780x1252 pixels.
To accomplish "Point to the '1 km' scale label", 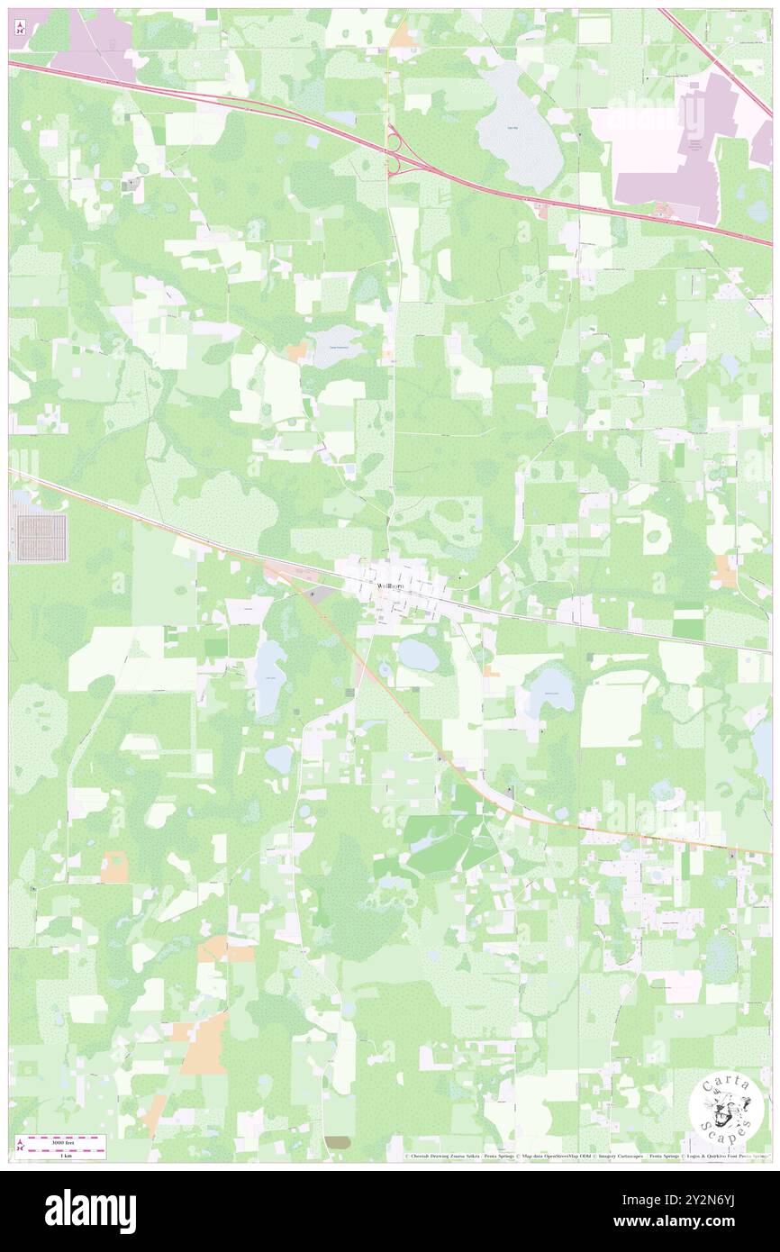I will (65, 1155).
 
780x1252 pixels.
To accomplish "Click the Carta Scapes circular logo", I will (727, 1109).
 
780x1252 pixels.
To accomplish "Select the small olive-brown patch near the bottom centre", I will (338, 1142).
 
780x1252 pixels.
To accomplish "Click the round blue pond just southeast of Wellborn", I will (418, 655).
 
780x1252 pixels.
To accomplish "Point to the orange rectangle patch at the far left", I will (114, 867).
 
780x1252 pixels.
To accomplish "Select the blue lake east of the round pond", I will (549, 690).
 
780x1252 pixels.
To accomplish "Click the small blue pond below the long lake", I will (278, 758).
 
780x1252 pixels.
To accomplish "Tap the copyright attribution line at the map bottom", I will (585, 1156).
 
